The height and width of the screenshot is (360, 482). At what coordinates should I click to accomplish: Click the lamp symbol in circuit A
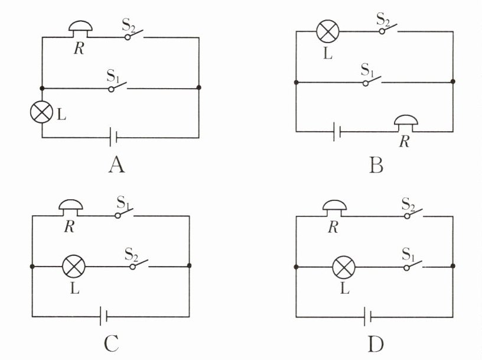coord(43,113)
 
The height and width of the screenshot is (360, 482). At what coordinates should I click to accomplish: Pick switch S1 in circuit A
coord(118,87)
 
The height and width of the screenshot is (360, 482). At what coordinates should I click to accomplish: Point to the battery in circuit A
coord(114,138)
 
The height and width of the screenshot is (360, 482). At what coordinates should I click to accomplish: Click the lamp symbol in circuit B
coord(327,31)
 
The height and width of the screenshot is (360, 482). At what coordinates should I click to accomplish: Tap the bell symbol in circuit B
coord(406,124)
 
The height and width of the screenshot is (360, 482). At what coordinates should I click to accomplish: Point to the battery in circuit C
coord(103,317)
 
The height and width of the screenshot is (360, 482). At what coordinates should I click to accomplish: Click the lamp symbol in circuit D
coord(343,267)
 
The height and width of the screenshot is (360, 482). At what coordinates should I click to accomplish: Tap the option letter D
coord(377,343)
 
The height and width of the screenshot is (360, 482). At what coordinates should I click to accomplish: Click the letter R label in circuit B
coord(403,142)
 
